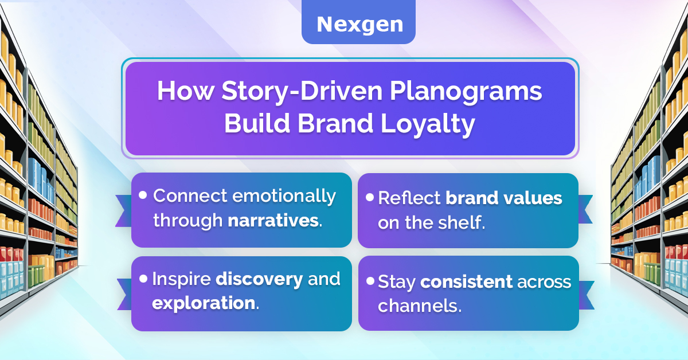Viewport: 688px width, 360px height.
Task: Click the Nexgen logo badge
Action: [x=358, y=22]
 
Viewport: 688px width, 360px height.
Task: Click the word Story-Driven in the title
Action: [x=302, y=92]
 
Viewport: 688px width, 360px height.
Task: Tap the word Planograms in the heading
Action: [x=466, y=92]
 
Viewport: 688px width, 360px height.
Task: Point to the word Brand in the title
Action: [x=335, y=123]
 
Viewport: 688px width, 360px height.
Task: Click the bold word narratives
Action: [x=273, y=220]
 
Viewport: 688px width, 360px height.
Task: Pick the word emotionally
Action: [x=284, y=197]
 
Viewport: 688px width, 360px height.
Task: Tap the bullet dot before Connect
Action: [x=143, y=195]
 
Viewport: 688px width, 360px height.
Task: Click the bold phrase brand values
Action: [x=504, y=198]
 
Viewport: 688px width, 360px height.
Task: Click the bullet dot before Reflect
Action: [x=370, y=197]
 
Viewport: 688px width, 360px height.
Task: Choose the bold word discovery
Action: [x=259, y=280]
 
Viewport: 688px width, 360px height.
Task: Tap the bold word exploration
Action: [x=204, y=303]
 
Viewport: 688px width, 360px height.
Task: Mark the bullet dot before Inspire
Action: [x=143, y=279]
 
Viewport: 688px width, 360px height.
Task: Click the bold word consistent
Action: [x=466, y=281]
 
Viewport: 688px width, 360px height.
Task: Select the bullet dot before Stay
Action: [x=370, y=281]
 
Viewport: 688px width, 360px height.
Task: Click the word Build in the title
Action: [x=257, y=123]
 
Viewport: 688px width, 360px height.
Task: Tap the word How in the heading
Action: [x=186, y=91]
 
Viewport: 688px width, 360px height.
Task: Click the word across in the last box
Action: [x=544, y=282]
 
